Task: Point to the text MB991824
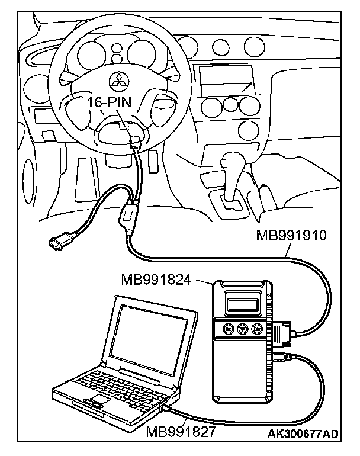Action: [156, 279]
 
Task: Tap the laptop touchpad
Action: [93, 403]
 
